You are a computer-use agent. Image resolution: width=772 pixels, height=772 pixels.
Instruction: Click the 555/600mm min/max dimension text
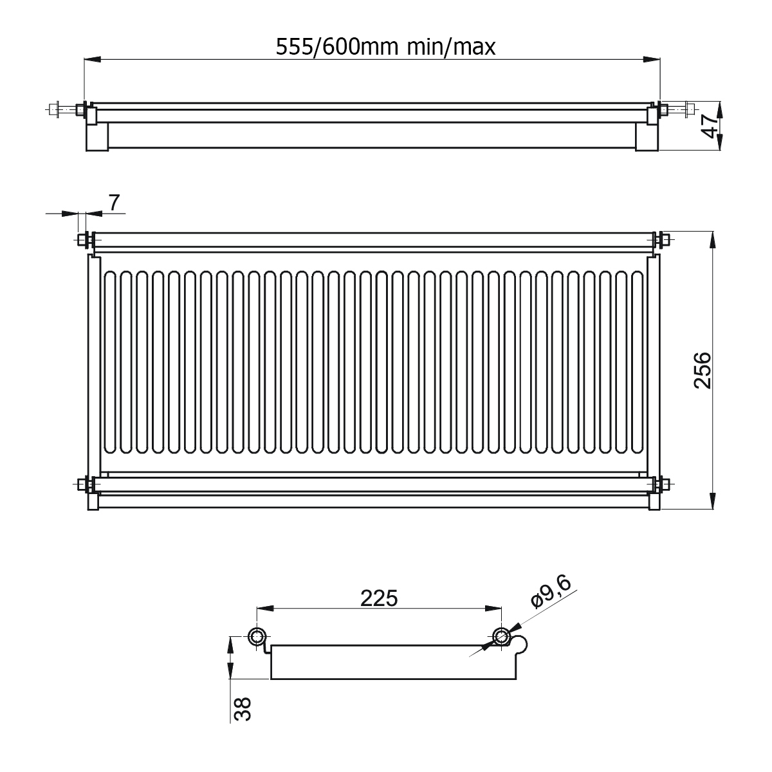pos(385,47)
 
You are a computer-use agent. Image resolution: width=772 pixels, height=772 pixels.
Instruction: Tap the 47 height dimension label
pos(712,126)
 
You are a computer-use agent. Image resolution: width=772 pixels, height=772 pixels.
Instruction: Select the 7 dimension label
pos(114,203)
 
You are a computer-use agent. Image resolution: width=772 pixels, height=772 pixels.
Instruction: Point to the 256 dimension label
pos(703,370)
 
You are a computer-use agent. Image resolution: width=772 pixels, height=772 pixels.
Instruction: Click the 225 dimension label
pos(379,599)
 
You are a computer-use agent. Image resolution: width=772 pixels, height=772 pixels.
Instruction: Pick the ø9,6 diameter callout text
pos(551,591)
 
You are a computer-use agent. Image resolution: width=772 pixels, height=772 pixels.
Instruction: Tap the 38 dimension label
pos(243,709)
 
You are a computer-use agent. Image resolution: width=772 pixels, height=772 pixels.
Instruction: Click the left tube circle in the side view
pos(257,636)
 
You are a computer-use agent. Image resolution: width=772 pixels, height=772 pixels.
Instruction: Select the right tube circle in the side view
pos(501,636)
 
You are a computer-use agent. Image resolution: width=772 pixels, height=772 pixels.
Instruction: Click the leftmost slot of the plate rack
pos(110,363)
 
